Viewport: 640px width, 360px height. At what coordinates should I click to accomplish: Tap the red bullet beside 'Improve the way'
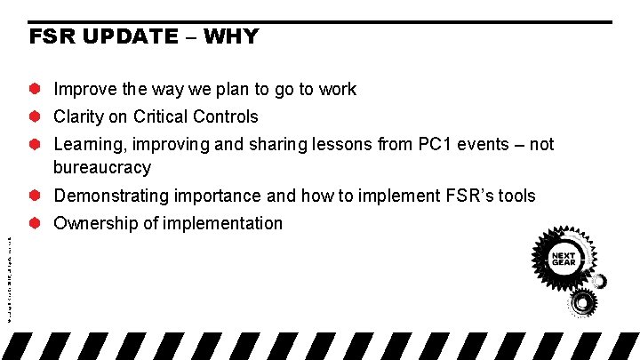[x=36, y=89]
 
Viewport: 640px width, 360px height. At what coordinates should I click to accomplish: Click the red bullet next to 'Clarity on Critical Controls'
[x=36, y=116]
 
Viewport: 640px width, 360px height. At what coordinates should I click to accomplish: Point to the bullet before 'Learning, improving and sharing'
[x=36, y=144]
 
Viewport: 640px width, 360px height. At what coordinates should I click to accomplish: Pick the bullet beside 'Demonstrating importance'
[x=36, y=196]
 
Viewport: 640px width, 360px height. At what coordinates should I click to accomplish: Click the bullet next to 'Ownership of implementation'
[x=36, y=223]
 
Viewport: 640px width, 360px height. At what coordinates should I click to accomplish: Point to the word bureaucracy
[x=102, y=167]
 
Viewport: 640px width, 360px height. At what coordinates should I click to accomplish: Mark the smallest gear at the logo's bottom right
[x=601, y=282]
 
